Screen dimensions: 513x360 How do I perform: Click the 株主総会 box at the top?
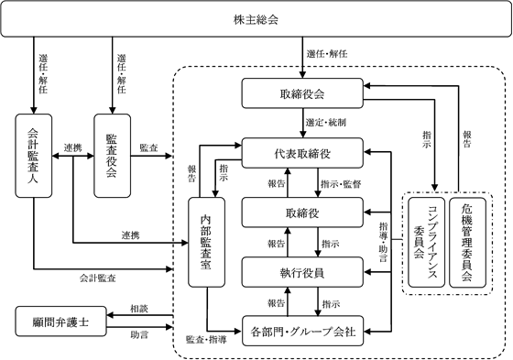256,19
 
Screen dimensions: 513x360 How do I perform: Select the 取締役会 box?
302,93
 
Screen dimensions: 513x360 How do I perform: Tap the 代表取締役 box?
302,153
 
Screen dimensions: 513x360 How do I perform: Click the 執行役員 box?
302,272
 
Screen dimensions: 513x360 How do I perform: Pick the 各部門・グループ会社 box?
302,331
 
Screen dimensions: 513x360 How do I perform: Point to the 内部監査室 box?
206,242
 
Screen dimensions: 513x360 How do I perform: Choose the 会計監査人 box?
34,156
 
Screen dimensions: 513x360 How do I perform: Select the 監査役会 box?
112,156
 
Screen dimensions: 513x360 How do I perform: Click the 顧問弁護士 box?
60,322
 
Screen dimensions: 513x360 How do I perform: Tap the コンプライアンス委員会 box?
427,243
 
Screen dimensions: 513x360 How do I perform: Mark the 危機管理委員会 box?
467,243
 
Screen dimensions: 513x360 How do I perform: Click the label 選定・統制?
326,123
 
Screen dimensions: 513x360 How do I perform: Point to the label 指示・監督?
341,184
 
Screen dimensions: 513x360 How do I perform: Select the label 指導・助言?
384,242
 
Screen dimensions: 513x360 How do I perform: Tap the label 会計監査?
97,278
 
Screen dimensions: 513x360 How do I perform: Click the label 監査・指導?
206,340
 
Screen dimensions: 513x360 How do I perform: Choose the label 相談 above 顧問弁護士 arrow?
139,309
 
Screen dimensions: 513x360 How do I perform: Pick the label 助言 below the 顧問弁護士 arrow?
139,334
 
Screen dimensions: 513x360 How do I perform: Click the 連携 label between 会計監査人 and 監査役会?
72,147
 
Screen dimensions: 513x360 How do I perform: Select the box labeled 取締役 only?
302,213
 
